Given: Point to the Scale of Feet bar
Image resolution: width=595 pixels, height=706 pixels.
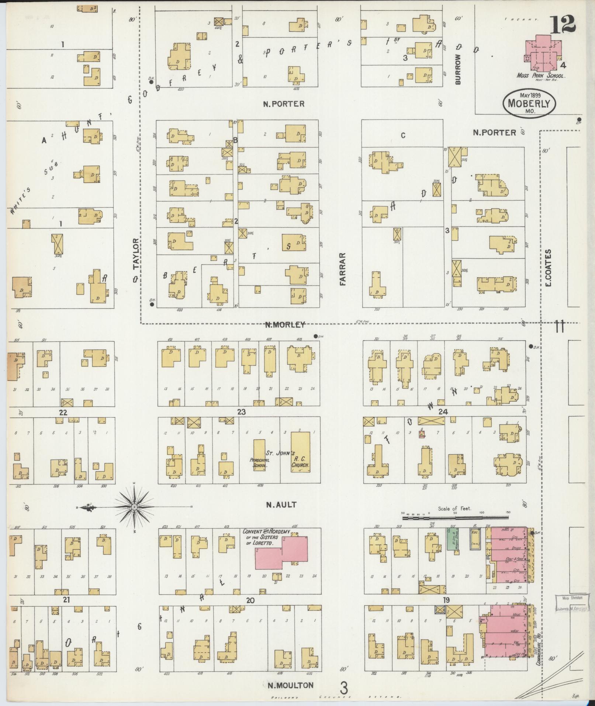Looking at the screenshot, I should pos(454,518).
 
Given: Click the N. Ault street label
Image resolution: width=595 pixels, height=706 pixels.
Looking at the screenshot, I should pos(281,504).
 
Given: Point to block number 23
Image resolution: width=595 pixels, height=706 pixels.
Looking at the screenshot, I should pos(241,412).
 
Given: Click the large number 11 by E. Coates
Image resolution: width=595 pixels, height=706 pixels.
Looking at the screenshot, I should pos(559,327).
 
